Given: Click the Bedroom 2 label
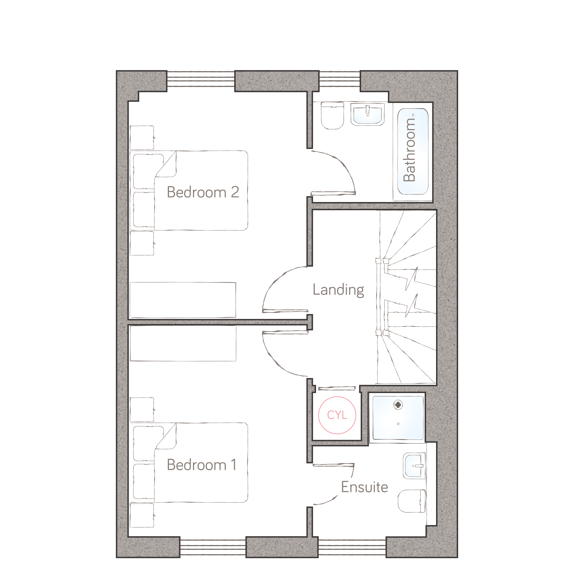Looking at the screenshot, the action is (x=203, y=192).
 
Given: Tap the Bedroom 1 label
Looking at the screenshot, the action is (x=202, y=465).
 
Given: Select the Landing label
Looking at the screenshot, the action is (x=338, y=290).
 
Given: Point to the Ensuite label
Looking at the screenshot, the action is (x=364, y=487).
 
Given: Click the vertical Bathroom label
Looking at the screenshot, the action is (x=409, y=150).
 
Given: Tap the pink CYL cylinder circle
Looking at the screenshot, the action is (x=337, y=415).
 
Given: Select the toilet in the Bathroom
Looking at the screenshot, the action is (x=332, y=116).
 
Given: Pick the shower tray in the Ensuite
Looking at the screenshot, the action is (x=398, y=418).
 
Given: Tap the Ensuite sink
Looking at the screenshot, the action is (x=414, y=466).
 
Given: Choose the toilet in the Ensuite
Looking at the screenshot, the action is (x=412, y=501).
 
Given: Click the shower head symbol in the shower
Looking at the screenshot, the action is (x=398, y=405).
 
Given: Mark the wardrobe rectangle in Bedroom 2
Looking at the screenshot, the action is (x=183, y=300).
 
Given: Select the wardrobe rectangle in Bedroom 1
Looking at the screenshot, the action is (x=183, y=344).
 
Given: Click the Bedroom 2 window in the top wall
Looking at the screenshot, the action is (x=201, y=79).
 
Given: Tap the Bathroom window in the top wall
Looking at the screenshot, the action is (x=340, y=79).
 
